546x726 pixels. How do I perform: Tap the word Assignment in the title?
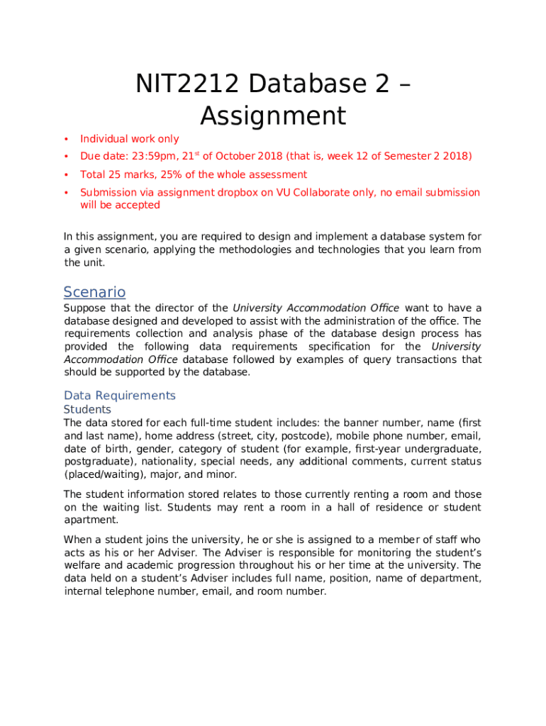click(x=273, y=116)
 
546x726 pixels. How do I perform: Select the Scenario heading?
click(x=94, y=292)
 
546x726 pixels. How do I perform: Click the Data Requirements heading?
click(x=119, y=395)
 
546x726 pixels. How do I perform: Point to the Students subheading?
click(x=87, y=410)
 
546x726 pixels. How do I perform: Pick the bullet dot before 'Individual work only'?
click(x=66, y=139)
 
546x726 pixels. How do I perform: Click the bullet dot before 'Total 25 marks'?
click(x=66, y=174)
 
